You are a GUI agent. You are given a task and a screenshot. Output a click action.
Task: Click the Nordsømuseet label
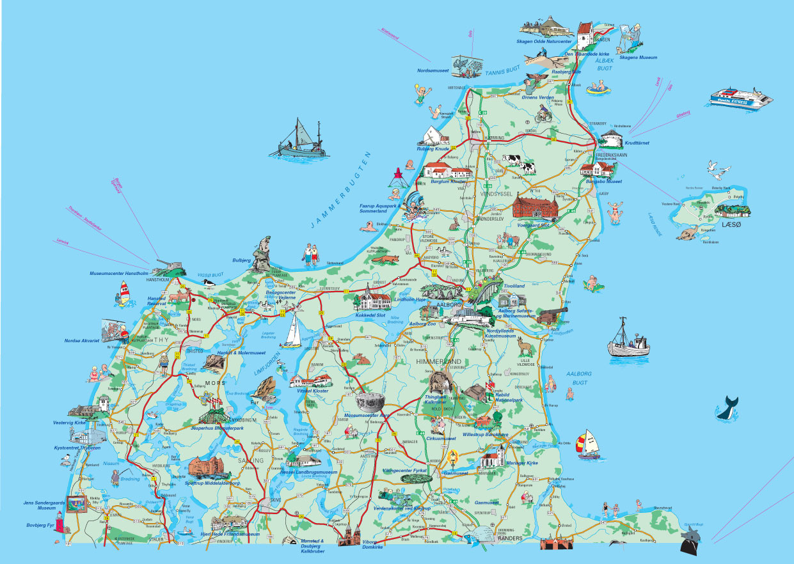pyautogui.click(x=433, y=70)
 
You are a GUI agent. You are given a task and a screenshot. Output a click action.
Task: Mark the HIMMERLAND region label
pyautogui.click(x=438, y=362)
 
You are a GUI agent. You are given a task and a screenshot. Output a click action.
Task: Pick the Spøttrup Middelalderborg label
pyautogui.click(x=212, y=483)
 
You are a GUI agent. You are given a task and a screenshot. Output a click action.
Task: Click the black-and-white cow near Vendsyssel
pyautogui.click(x=526, y=169)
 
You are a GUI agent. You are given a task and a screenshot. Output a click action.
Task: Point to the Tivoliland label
pyautogui.click(x=513, y=286)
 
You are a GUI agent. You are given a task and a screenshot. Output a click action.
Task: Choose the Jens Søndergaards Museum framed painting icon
pyautogui.click(x=77, y=503)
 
